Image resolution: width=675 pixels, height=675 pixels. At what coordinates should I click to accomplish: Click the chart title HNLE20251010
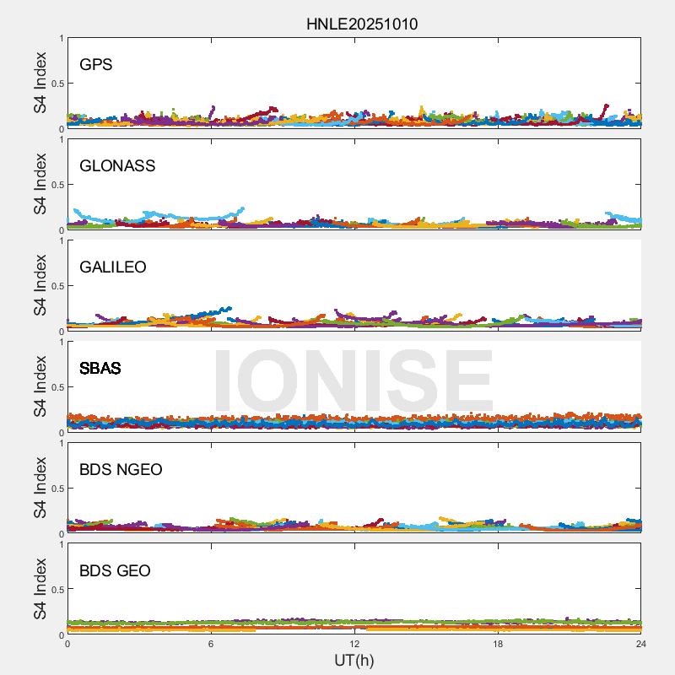tap(361, 24)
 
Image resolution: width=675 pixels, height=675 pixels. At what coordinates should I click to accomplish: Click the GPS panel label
tap(95, 64)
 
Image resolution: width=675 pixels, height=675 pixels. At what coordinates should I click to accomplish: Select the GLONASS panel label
tap(117, 165)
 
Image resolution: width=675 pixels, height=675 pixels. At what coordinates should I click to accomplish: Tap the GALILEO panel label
tap(113, 267)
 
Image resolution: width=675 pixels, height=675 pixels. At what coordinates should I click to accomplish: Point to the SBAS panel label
tap(100, 368)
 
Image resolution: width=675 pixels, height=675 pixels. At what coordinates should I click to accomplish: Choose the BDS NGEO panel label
tap(121, 469)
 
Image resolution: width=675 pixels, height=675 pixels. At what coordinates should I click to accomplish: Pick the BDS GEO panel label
tap(115, 570)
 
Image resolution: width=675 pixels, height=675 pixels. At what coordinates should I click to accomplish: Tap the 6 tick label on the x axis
tap(211, 644)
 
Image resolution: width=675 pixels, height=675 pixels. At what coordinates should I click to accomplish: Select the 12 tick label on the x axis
tap(354, 644)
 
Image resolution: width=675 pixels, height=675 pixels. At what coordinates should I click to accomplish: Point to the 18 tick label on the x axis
tap(498, 644)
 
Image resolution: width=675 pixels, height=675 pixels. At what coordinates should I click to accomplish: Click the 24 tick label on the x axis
tap(641, 644)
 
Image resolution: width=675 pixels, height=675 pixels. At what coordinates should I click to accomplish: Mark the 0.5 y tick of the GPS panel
tap(56, 84)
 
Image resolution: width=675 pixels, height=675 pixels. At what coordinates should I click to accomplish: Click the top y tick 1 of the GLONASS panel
tap(61, 139)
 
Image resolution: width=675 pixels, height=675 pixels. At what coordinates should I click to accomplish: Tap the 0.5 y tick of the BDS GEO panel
tap(56, 590)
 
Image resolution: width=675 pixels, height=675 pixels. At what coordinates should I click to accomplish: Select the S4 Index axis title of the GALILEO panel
tap(40, 286)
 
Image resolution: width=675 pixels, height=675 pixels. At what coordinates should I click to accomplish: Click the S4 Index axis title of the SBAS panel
tap(40, 387)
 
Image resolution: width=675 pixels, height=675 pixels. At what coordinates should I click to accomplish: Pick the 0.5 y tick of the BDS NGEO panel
tap(56, 489)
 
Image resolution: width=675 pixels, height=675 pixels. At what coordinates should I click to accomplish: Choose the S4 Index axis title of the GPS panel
tap(40, 84)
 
